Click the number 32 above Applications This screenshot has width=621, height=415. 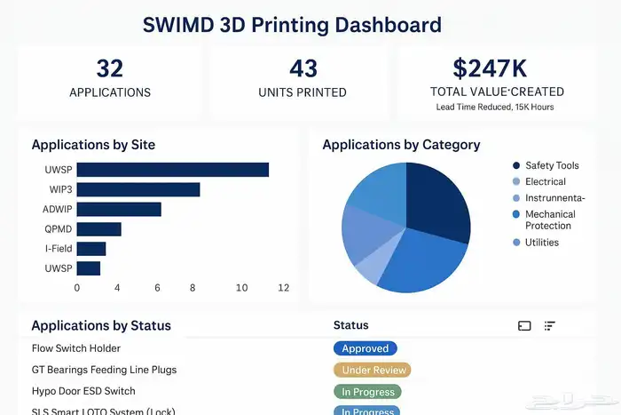pos(109,68)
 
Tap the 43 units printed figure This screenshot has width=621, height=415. pos(303,68)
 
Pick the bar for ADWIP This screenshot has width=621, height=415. pos(119,209)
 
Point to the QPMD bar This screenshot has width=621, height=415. pos(98,229)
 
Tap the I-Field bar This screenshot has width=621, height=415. pos(91,249)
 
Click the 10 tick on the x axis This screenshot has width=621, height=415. pos(242,288)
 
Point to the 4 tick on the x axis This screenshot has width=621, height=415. pos(117,288)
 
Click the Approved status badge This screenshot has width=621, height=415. pos(365,349)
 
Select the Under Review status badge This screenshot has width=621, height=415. pos(373,370)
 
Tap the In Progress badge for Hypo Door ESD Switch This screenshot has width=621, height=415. pos(367,391)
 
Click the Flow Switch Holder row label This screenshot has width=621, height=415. pos(75,348)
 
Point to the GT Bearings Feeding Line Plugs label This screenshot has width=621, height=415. pos(104,370)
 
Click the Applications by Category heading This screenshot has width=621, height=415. pos(401,145)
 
